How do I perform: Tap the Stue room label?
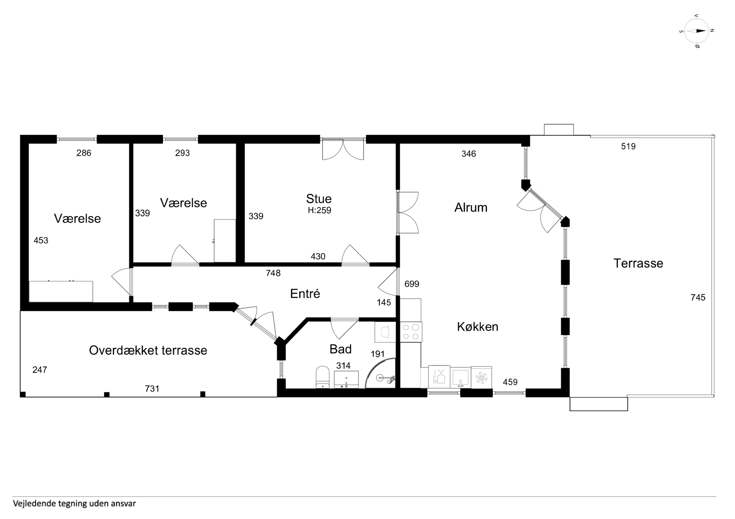click(319, 199)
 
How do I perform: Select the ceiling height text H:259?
click(319, 210)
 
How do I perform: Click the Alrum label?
click(471, 208)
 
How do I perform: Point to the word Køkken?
click(478, 327)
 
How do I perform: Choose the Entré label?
click(305, 294)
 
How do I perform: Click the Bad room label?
click(341, 349)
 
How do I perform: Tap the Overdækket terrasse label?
click(148, 351)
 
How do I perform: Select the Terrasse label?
click(638, 263)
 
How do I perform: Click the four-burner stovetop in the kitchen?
click(411, 332)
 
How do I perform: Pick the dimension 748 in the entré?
click(273, 273)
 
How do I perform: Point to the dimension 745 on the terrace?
click(698, 298)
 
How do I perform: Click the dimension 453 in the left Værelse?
click(41, 241)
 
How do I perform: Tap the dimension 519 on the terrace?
click(628, 147)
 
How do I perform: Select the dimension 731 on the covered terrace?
click(152, 389)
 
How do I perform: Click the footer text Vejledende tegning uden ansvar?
click(74, 503)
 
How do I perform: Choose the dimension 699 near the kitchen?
click(412, 284)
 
